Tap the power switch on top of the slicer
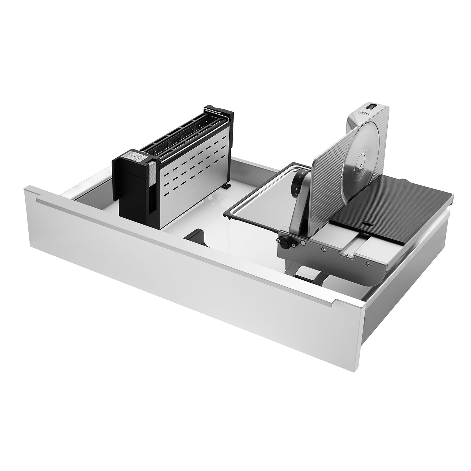coord(372,105)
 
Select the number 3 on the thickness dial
coord(298,183)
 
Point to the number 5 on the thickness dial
coord(296,194)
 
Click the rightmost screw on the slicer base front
coord(368,264)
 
